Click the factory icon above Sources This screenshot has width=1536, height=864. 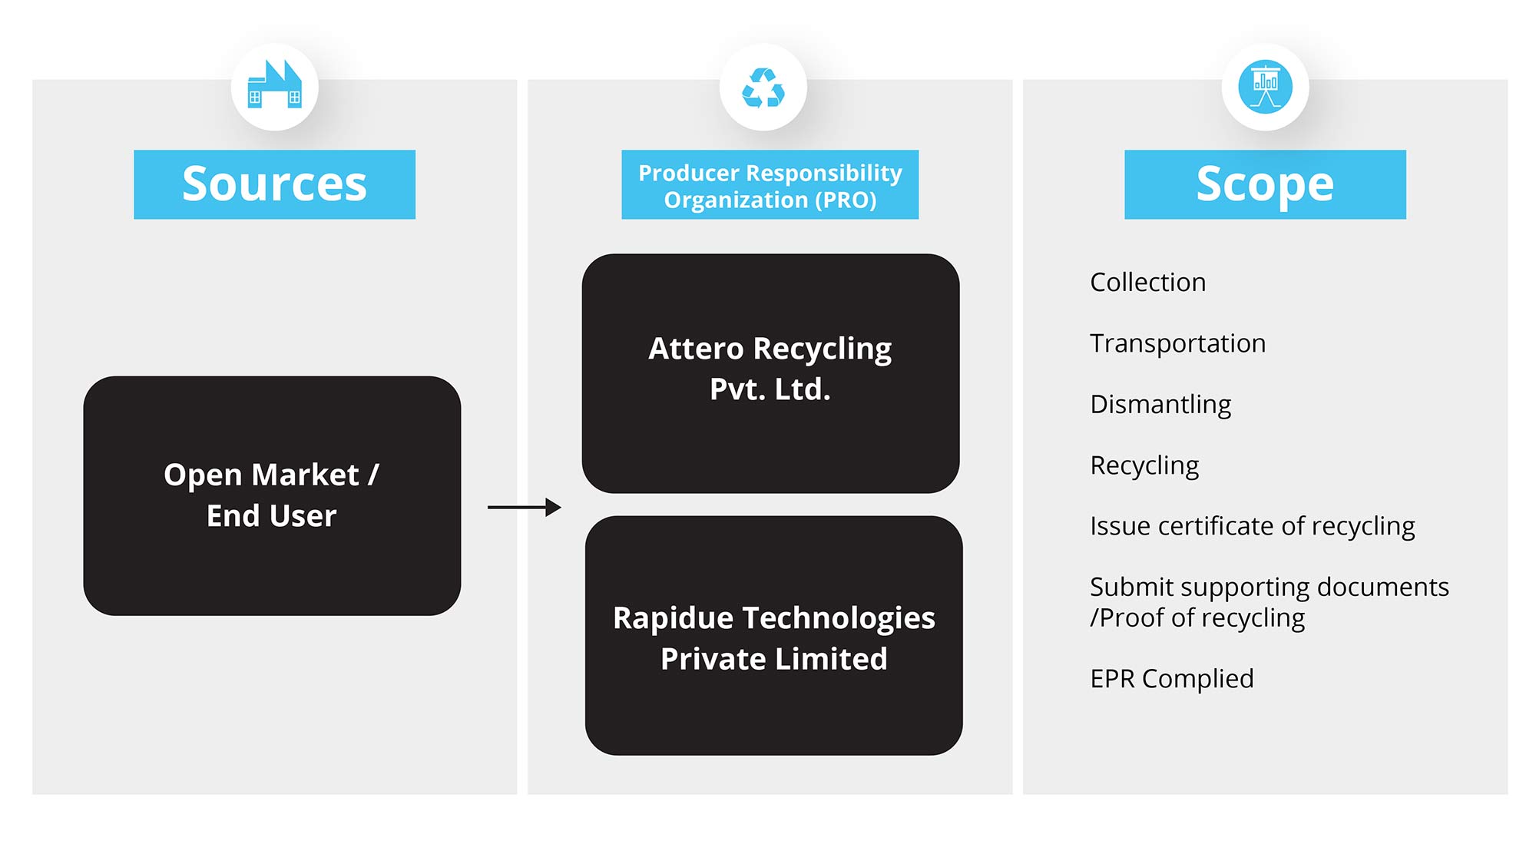(274, 86)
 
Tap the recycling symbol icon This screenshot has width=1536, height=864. (763, 88)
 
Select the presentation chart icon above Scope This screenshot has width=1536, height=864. (1265, 87)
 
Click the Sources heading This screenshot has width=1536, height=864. (274, 184)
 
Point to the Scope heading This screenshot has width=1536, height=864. (1265, 184)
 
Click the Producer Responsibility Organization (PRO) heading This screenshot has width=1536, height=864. (770, 185)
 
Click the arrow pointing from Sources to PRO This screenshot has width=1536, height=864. (524, 507)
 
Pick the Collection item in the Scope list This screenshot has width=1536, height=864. (1147, 283)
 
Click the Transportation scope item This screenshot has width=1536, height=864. (1177, 343)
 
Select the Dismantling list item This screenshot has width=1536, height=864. (1160, 404)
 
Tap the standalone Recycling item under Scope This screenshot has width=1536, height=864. (1144, 465)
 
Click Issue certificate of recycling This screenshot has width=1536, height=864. (1252, 526)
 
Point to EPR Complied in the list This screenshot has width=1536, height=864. (1171, 679)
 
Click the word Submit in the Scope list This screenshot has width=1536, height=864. (1131, 587)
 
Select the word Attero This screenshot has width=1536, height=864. (695, 349)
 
